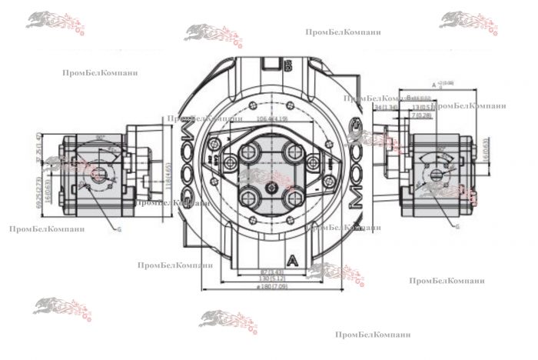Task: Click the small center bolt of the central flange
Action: (x=271, y=185)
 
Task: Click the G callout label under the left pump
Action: (x=118, y=228)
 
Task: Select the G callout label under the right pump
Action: (x=457, y=226)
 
